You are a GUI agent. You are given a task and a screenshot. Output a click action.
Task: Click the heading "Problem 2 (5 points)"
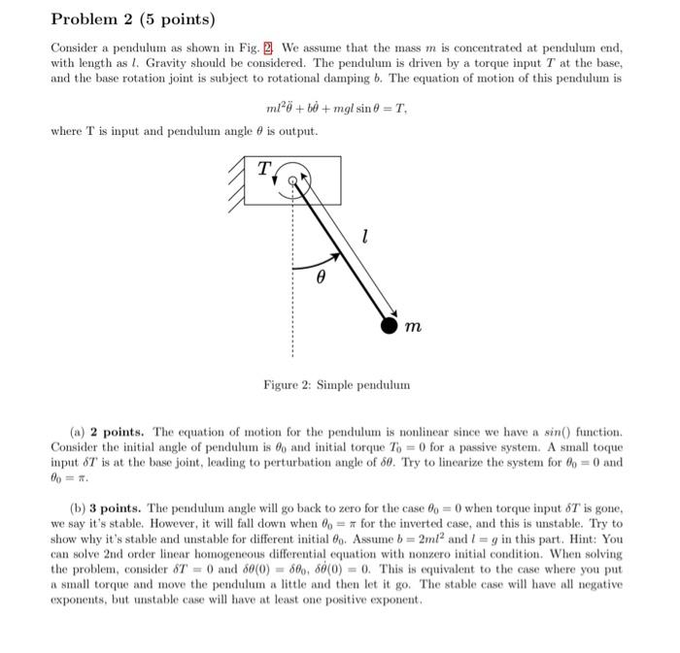[132, 19]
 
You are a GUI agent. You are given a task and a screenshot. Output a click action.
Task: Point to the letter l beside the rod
[363, 236]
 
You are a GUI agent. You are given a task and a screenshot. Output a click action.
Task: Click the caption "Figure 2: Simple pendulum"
[336, 385]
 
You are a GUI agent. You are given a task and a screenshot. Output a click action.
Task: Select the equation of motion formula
[336, 110]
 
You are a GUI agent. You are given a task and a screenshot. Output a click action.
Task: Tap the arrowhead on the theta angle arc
[338, 257]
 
